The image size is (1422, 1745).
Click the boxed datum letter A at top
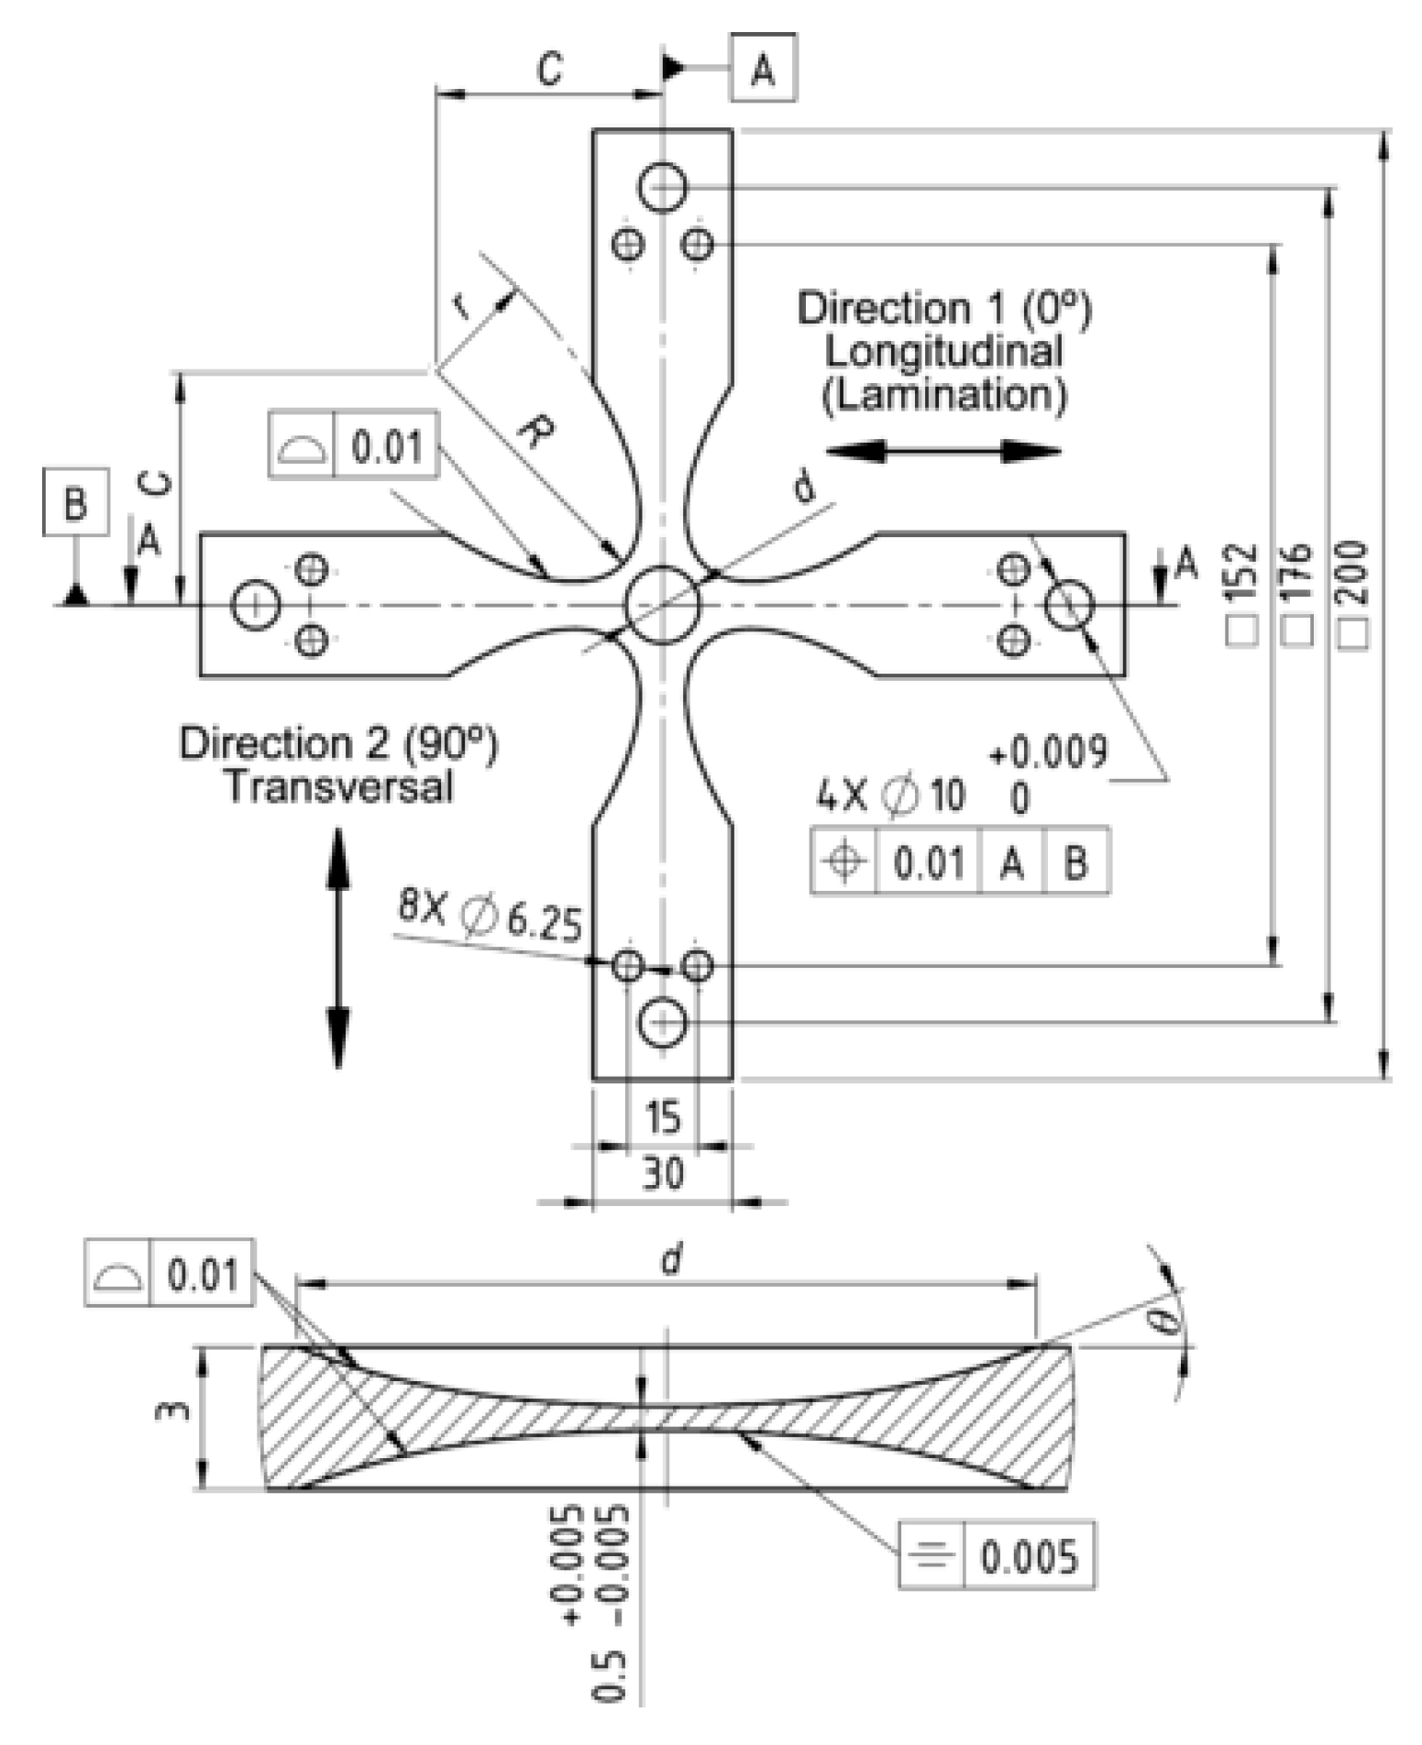(763, 68)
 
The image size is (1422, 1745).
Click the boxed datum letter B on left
(75, 502)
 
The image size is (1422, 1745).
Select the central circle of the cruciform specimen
(662, 605)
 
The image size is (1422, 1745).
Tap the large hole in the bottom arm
(662, 1022)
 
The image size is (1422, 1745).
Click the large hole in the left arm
(255, 605)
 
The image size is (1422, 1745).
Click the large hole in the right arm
(1069, 605)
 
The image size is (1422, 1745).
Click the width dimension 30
(663, 1173)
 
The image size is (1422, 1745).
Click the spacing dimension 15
(663, 1117)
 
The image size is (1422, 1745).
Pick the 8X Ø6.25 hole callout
(490, 916)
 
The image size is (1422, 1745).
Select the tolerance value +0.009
(1048, 752)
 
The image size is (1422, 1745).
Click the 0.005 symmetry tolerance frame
(998, 1556)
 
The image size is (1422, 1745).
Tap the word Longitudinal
(944, 352)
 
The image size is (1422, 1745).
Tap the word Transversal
(339, 787)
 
